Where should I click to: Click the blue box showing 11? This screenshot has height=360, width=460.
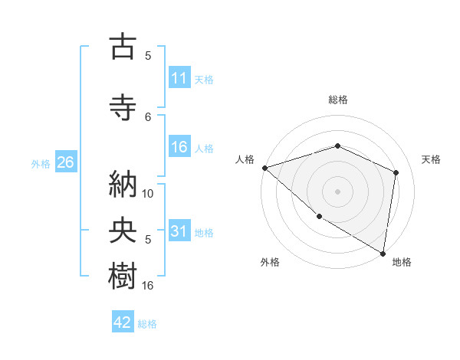pyautogui.click(x=179, y=78)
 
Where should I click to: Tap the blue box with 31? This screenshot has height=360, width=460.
pyautogui.click(x=179, y=231)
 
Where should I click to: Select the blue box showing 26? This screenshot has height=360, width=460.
pyautogui.click(x=65, y=162)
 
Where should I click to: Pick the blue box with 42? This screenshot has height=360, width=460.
pyautogui.click(x=123, y=322)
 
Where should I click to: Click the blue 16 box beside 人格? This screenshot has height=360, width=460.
pyautogui.click(x=179, y=147)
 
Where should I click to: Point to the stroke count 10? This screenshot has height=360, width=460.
pyautogui.click(x=149, y=194)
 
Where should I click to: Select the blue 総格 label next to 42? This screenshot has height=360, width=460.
pyautogui.click(x=147, y=324)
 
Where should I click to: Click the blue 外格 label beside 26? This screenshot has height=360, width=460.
pyautogui.click(x=41, y=164)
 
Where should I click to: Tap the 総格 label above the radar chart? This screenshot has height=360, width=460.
pyautogui.click(x=337, y=100)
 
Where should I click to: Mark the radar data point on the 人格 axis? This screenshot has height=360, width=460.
pyautogui.click(x=264, y=167)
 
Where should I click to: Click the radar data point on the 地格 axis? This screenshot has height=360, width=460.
pyautogui.click(x=383, y=253)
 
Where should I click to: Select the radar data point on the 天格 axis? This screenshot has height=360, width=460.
pyautogui.click(x=396, y=172)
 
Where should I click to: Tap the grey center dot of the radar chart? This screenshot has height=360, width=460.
pyautogui.click(x=337, y=191)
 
